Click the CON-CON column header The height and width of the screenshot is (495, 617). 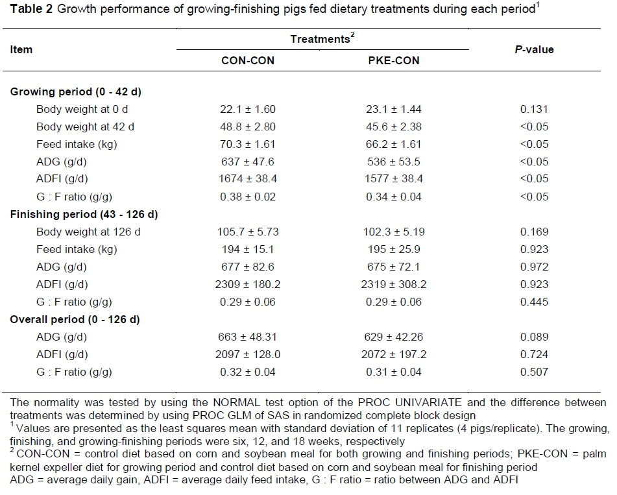point(248,60)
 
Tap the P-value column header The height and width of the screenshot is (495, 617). point(535,49)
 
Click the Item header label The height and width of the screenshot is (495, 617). point(21,49)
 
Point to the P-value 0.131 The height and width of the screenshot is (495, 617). point(534,109)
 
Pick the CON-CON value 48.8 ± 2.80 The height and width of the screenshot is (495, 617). point(248,127)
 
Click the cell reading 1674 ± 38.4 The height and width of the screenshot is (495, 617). point(248,179)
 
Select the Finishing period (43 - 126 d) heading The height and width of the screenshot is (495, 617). point(84,214)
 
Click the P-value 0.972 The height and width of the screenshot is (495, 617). point(534,267)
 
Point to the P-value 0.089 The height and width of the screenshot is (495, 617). point(534,337)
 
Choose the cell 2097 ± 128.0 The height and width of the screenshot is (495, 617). point(248,354)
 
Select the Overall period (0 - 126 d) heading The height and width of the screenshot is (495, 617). point(75,319)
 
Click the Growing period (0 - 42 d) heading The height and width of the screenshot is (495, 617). point(76,91)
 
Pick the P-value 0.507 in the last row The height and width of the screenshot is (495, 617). point(534,372)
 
